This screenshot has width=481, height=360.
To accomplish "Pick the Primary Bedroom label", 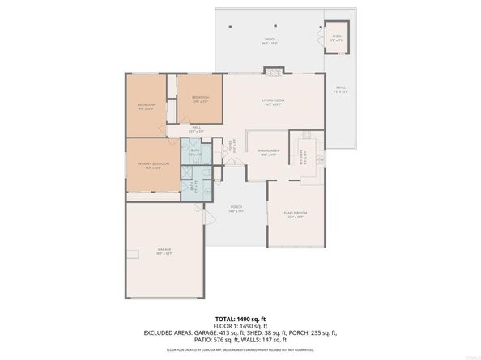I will coord(152,165).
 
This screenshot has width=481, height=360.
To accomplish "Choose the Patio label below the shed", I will coord(341,89).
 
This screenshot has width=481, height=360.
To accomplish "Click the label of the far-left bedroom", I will coord(147,106).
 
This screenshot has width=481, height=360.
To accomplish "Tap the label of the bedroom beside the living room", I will coord(200,99).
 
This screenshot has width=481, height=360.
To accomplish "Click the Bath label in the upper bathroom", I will coord(195,150).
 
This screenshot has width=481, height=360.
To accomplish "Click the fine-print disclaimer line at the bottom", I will coord(240,350).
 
